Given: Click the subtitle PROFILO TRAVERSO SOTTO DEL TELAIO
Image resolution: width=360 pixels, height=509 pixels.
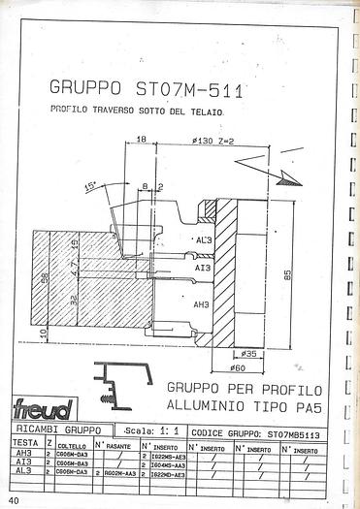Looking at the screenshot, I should tap(137, 113).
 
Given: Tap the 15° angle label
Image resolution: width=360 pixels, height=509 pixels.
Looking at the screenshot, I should tap(92, 185).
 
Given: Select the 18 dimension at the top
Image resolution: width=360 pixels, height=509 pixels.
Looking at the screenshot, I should tap(142, 141).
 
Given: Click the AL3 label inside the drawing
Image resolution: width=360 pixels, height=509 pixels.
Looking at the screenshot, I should tap(203, 240).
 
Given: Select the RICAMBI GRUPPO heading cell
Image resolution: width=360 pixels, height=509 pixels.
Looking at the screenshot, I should tap(58, 428).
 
